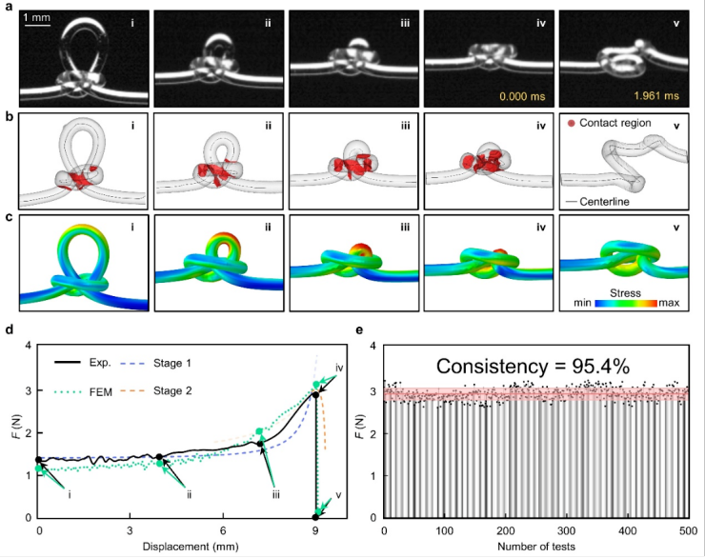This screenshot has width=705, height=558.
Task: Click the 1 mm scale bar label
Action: click(x=38, y=17)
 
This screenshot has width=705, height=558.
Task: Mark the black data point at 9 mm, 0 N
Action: click(x=315, y=517)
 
